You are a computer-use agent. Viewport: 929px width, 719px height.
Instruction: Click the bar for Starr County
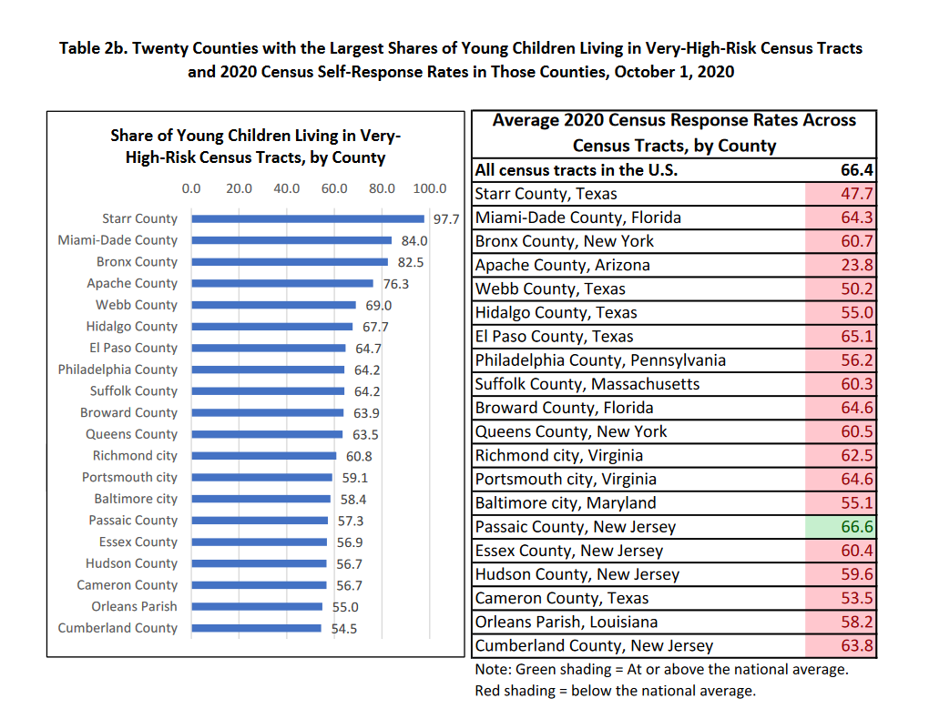point(308,218)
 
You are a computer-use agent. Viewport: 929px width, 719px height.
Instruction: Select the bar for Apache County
point(282,283)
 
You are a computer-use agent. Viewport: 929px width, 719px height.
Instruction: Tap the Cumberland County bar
point(257,628)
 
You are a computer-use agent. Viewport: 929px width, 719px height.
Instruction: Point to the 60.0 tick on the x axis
point(334,188)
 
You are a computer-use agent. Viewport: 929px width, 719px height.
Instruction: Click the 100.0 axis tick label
point(430,188)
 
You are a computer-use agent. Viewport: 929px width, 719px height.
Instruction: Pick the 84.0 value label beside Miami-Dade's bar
point(414,241)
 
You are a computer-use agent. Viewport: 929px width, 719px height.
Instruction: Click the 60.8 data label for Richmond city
point(359,457)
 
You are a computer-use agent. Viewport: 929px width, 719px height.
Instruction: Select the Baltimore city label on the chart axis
point(136,499)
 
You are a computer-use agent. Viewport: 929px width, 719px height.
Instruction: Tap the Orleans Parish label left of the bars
point(134,606)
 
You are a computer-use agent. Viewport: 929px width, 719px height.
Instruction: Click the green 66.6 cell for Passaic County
point(840,527)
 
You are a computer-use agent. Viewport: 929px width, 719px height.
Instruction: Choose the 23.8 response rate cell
point(840,265)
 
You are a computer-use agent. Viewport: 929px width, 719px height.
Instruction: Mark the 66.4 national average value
point(857,170)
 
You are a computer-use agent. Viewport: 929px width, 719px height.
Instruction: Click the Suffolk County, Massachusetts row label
point(587,384)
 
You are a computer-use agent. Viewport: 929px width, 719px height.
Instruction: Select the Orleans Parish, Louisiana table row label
point(567,622)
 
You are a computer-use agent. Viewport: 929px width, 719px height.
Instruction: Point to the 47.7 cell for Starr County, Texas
point(840,194)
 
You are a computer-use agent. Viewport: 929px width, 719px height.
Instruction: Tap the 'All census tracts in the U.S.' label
point(577,170)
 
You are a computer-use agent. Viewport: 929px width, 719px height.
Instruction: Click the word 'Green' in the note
point(534,669)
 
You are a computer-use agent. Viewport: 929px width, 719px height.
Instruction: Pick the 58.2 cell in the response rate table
point(840,622)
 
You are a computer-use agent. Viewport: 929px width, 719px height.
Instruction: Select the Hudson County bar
point(259,563)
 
